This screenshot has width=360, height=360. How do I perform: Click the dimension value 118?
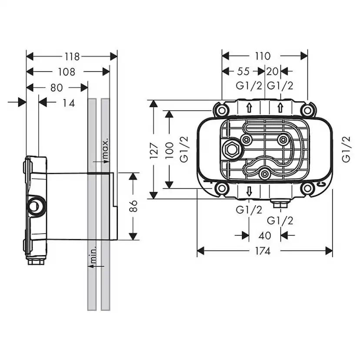(72, 57)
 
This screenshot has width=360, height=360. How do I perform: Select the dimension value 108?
(67, 72)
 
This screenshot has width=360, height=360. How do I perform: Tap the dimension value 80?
(57, 87)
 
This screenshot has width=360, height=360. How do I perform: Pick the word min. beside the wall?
(93, 256)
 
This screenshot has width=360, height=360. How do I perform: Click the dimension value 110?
(263, 56)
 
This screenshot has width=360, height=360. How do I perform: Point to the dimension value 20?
(272, 71)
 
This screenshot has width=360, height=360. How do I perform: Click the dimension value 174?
(263, 251)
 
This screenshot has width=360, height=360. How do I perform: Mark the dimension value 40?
(265, 235)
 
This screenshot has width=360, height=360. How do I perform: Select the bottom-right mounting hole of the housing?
(308, 188)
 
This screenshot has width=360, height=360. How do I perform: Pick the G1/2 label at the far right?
(347, 149)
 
